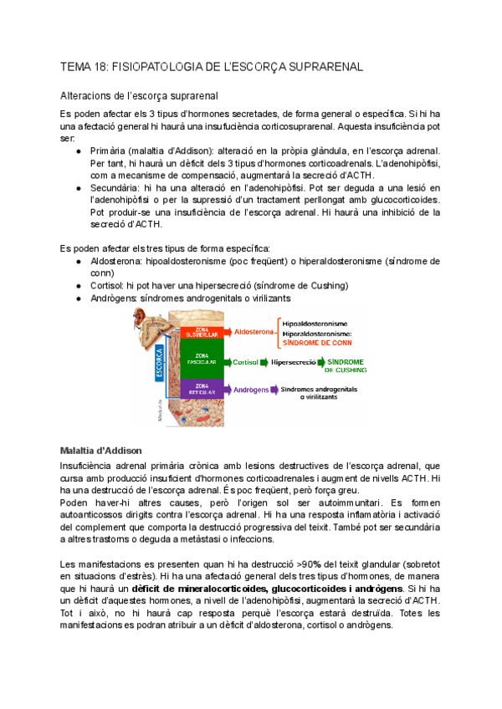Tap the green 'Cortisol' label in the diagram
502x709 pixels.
pos(246,362)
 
